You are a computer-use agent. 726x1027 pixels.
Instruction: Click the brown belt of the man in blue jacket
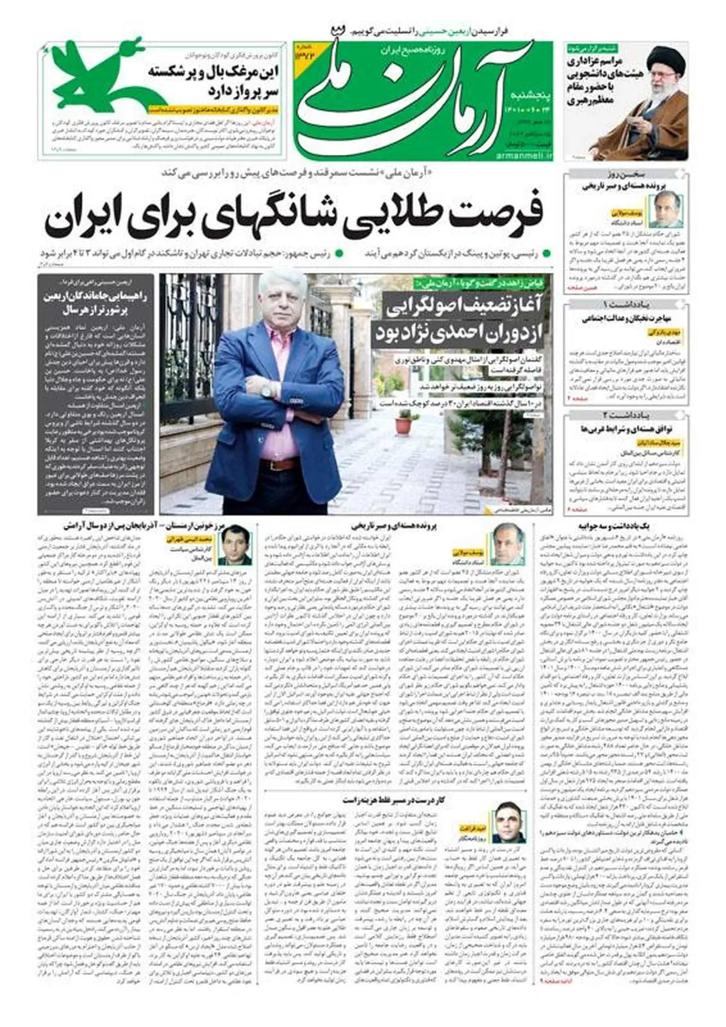[x=280, y=465]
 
